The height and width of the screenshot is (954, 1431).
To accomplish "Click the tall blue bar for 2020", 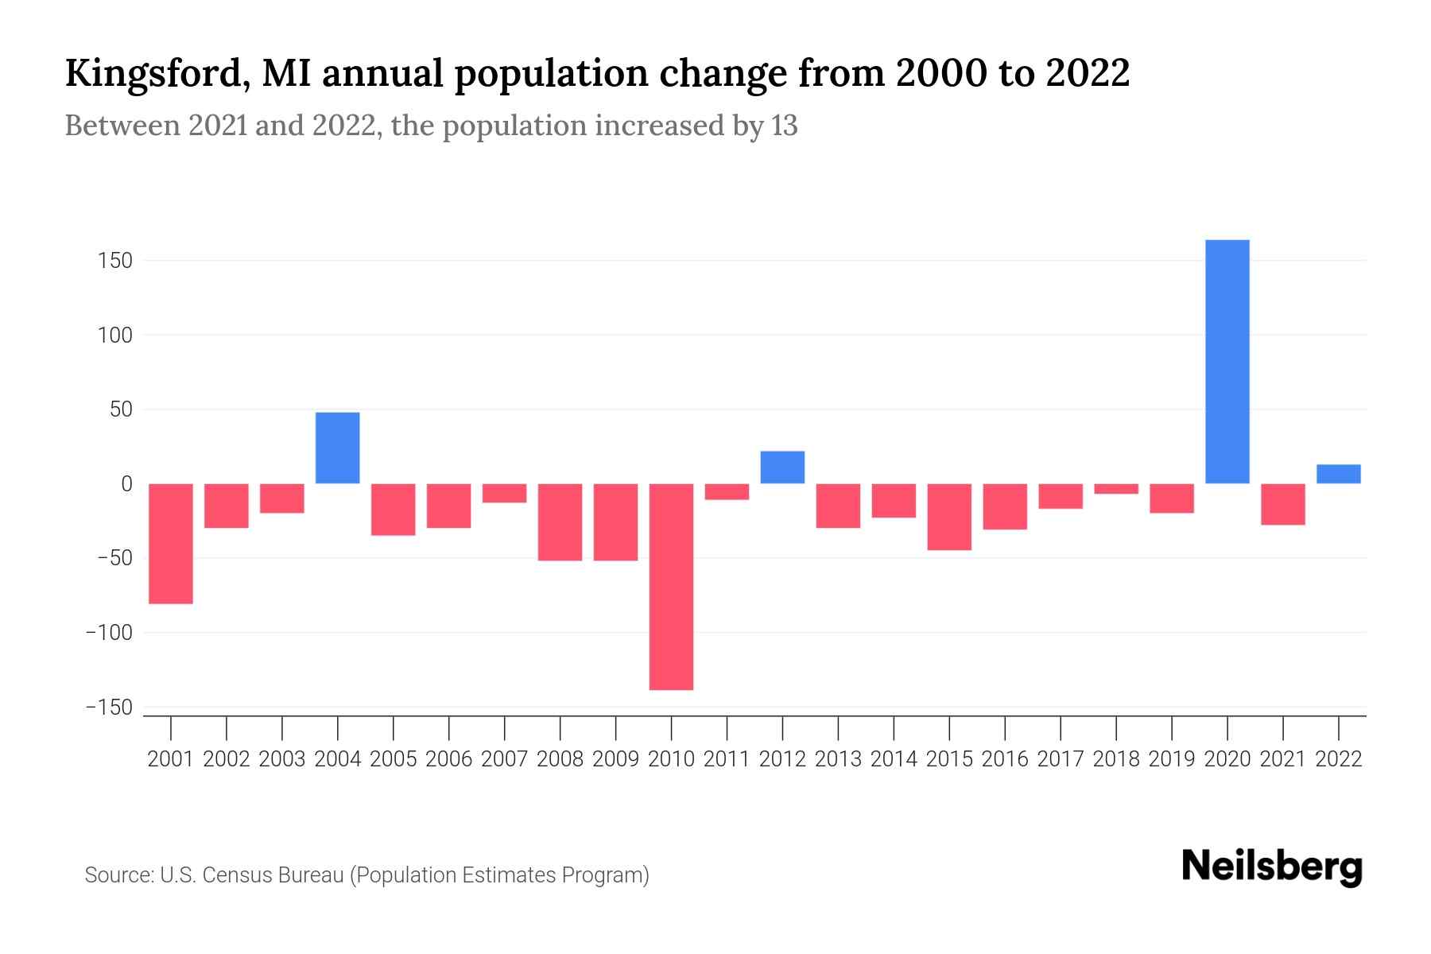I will tap(1227, 362).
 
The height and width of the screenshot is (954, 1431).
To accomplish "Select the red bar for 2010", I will tap(671, 587).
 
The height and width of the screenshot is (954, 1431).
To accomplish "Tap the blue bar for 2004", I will tap(337, 448).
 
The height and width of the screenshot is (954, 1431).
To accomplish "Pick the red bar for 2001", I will tap(171, 544).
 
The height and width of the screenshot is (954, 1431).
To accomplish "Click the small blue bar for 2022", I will tap(1338, 474).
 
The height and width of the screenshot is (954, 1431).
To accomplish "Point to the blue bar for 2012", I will tap(782, 467).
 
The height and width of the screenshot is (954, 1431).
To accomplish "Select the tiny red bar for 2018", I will tap(1115, 489).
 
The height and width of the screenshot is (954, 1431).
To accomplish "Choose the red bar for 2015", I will tap(949, 517).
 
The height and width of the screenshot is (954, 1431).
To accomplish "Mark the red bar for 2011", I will tap(727, 491).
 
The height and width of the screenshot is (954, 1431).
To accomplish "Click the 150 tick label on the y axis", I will tap(115, 261).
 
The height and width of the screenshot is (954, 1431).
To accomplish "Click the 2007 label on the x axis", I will tap(504, 759).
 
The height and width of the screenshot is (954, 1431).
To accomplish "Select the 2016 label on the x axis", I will tap(1005, 759).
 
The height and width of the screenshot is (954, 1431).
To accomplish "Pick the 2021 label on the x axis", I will tap(1282, 759).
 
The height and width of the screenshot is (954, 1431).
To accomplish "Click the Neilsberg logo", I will tap(1272, 867).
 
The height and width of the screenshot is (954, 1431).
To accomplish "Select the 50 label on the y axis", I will tap(121, 410).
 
